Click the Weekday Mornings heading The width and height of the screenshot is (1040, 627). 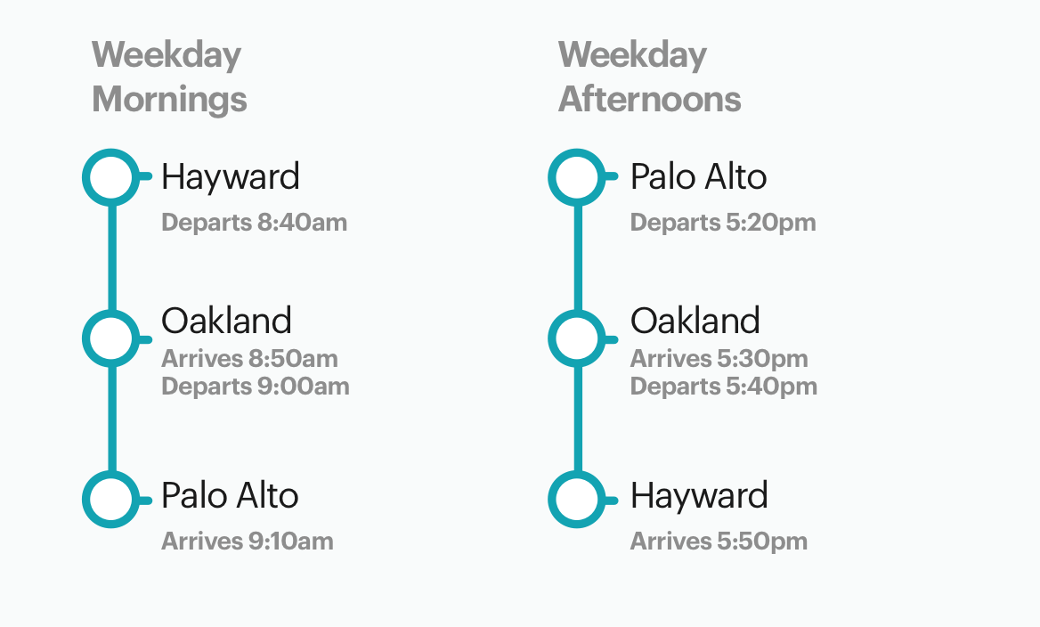point(169,77)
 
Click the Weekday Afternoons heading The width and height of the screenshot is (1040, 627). point(649,77)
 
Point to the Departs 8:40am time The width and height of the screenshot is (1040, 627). point(254,223)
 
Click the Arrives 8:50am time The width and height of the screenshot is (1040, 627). point(249,358)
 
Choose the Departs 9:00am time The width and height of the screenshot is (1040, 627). point(256,387)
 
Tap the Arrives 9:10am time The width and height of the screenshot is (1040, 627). point(248,541)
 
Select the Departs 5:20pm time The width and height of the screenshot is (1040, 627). point(723,223)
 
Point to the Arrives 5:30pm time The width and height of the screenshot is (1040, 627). point(719,359)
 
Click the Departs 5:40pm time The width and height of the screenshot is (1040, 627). point(724,387)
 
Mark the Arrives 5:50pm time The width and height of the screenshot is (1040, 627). point(719,541)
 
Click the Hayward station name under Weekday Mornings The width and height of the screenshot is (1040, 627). point(230,178)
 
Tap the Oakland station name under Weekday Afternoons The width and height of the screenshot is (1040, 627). point(695,322)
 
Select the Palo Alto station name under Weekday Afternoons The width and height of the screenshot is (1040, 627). point(698,176)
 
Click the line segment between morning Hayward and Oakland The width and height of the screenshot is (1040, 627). point(111,258)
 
